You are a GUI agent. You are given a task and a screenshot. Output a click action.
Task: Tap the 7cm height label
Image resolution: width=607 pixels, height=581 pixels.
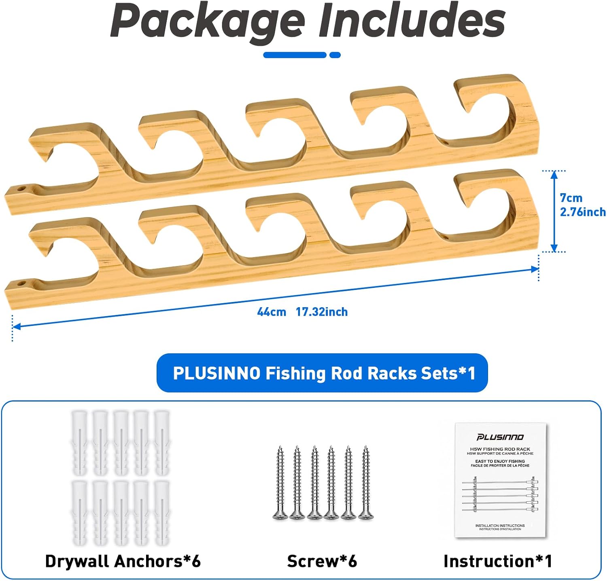[x=571, y=198]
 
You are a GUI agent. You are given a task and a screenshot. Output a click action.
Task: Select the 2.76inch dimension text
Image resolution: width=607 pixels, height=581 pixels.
[x=583, y=212]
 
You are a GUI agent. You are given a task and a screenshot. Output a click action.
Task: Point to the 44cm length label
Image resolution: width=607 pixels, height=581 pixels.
[x=271, y=312]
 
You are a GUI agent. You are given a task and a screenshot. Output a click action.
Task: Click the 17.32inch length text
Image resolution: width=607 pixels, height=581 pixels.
[x=322, y=312]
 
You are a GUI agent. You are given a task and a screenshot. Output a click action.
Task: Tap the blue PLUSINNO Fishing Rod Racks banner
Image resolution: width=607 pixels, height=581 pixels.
[x=322, y=373]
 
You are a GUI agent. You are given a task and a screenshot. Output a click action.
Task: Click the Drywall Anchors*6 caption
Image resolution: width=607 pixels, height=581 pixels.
[x=123, y=561]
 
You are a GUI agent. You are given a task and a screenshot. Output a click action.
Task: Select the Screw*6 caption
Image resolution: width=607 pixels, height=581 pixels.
[x=322, y=561]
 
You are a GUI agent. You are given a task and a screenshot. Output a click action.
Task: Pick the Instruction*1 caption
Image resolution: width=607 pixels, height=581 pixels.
[x=498, y=561]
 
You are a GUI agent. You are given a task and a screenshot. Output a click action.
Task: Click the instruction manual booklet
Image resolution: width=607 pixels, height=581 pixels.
[x=501, y=480]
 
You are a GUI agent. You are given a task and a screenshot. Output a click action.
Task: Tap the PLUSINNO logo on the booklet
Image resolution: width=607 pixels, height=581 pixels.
[x=500, y=437]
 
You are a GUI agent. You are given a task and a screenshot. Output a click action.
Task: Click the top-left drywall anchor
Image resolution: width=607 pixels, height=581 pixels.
[x=79, y=443]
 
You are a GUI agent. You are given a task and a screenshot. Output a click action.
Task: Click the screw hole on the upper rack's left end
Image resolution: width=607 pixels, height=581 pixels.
[x=21, y=189]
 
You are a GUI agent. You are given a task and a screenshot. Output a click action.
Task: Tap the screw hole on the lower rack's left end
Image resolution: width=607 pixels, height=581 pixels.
[x=21, y=284]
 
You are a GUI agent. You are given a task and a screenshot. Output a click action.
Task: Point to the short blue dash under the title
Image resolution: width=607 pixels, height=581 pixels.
[x=335, y=55]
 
